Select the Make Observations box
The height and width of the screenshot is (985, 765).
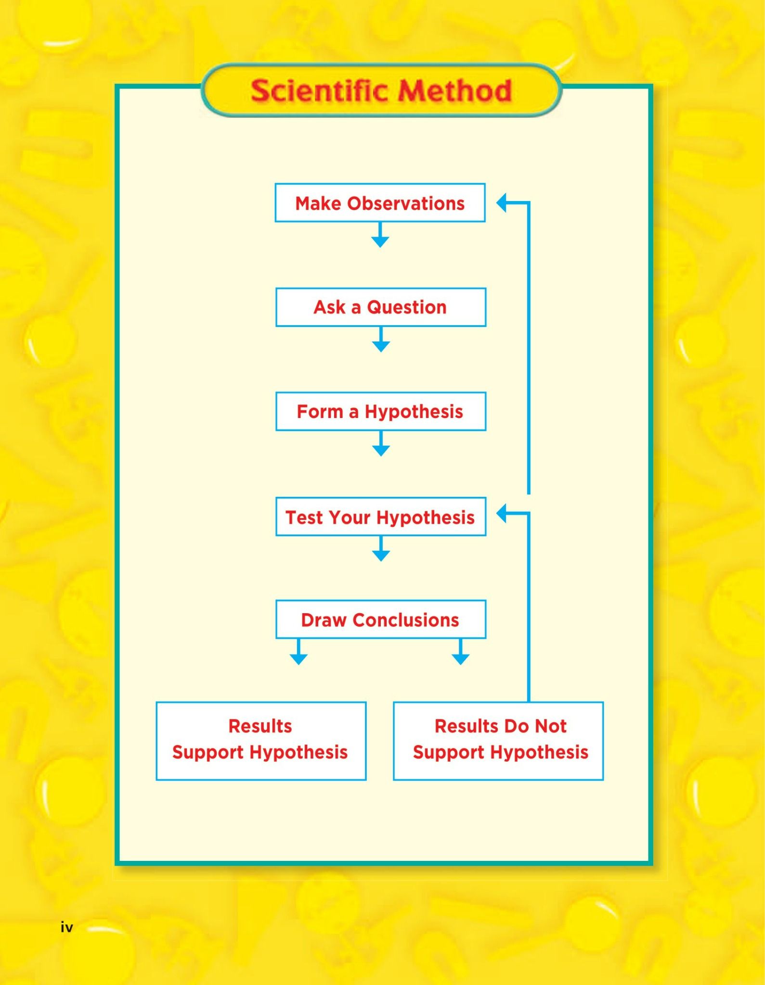click(380, 203)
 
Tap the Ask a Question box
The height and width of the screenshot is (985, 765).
click(380, 307)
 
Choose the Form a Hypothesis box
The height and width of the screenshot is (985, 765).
click(380, 412)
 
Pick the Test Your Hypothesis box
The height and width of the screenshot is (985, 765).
click(380, 517)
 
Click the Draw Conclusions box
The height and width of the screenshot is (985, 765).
click(380, 620)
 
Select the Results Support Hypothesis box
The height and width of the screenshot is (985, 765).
click(260, 741)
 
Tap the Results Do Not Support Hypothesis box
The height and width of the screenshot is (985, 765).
click(498, 741)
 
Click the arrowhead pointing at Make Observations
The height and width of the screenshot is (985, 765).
click(502, 203)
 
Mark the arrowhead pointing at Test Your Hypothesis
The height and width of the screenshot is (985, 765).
click(502, 514)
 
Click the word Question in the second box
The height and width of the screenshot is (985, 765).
click(407, 307)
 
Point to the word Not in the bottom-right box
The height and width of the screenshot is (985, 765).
click(551, 726)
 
